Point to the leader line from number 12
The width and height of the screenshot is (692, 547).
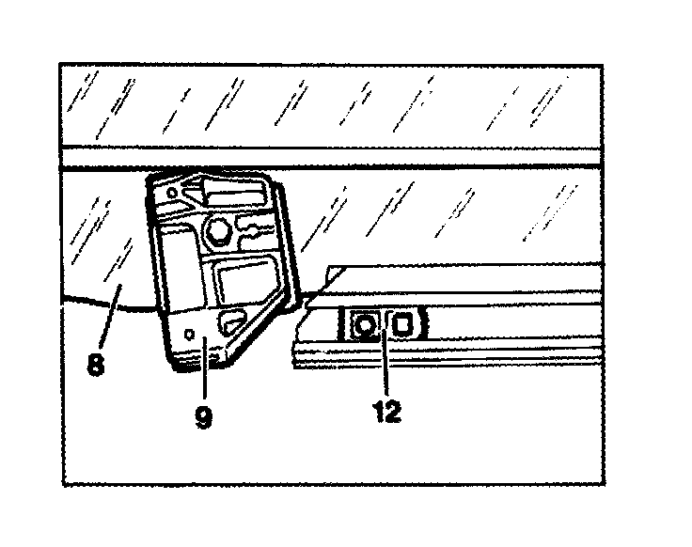pyautogui.click(x=382, y=367)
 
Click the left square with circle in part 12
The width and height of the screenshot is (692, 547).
pyautogui.click(x=364, y=326)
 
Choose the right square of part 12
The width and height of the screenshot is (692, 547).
pyautogui.click(x=402, y=325)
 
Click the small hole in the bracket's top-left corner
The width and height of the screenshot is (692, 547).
pyautogui.click(x=171, y=195)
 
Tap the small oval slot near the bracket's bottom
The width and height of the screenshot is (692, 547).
pyautogui.click(x=229, y=325)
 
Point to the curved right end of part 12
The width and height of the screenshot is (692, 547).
pyautogui.click(x=424, y=325)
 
